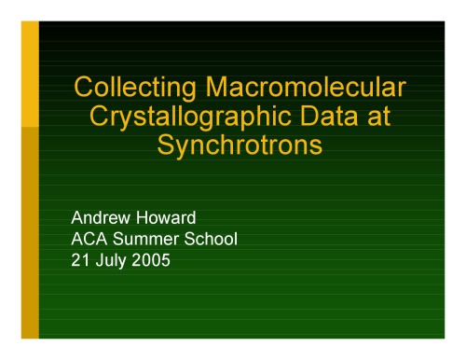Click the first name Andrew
[x=103, y=219]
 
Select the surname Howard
[x=168, y=219]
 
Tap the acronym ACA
[x=90, y=240]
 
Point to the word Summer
[x=149, y=240]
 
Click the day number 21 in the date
[x=81, y=260]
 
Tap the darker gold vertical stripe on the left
[x=30, y=233]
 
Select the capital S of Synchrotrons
[x=171, y=146]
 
